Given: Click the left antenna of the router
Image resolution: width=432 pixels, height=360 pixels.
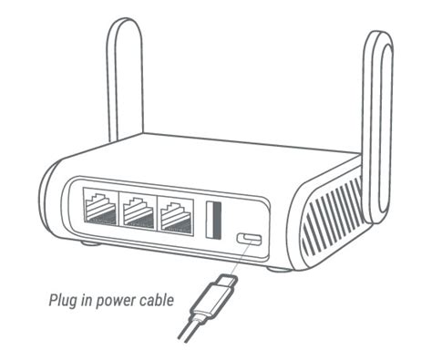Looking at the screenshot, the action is tap(124, 82).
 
